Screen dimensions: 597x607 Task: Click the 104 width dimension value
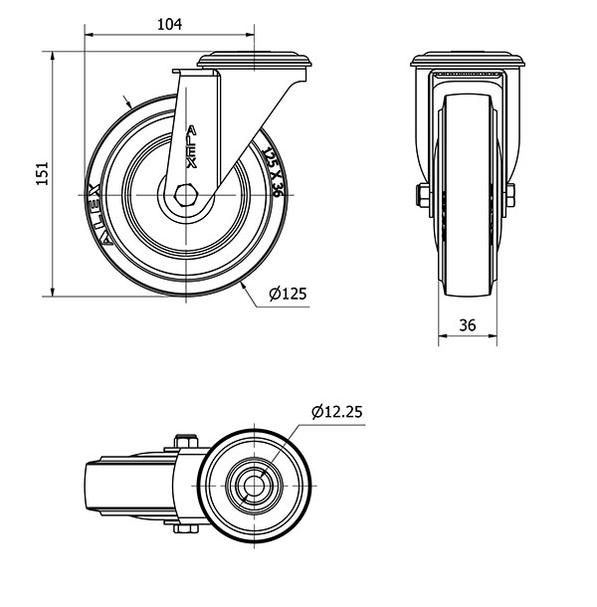[x=169, y=25]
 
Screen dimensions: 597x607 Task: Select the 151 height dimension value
[x=43, y=173]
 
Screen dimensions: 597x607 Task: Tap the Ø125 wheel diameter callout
[x=288, y=294]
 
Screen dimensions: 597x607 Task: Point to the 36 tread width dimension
[x=468, y=325]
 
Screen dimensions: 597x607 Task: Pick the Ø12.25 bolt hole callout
[x=337, y=412]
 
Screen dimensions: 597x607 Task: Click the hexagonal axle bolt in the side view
[x=186, y=195]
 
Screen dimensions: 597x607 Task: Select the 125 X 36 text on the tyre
[x=272, y=173]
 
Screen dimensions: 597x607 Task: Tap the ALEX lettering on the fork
[x=191, y=146]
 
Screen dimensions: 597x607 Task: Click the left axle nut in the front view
[x=423, y=195]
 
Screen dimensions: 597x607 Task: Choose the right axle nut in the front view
[x=510, y=195]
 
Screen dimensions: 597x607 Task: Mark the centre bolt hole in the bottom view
[x=254, y=486]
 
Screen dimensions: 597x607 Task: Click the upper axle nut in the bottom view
[x=186, y=441]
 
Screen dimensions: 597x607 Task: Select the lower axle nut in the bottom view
[x=186, y=528]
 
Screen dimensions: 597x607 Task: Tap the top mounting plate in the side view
[x=255, y=61]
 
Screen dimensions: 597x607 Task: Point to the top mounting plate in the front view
[x=468, y=60]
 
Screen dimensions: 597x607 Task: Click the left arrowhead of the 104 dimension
[x=89, y=35]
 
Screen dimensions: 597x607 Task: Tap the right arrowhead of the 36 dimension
[x=493, y=335]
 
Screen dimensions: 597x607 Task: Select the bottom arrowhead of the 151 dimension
[x=53, y=292]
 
